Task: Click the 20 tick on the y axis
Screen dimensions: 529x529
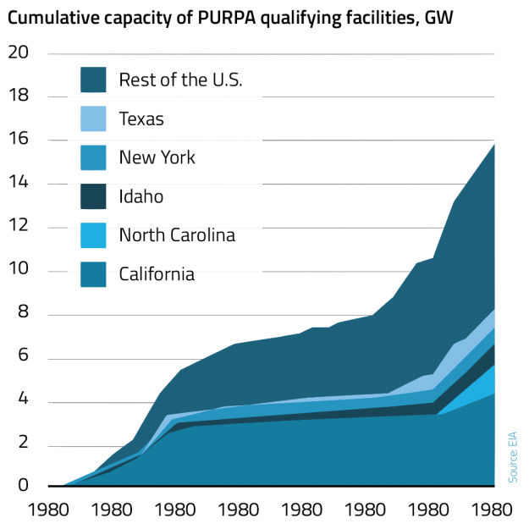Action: pos(19,52)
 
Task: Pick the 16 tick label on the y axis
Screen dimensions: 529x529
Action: pos(19,141)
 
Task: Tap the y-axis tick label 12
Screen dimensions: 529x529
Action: pos(19,228)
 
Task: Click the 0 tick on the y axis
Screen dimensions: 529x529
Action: pos(24,486)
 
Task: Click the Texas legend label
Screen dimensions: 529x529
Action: pos(141,119)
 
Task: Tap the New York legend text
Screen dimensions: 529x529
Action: pos(157,157)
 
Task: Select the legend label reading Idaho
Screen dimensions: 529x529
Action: pos(141,196)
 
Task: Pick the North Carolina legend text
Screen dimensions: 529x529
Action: pos(177,235)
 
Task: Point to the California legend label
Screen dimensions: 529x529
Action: pos(157,274)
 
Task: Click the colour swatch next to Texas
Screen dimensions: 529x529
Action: pos(93,119)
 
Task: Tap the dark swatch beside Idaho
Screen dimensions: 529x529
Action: pos(93,196)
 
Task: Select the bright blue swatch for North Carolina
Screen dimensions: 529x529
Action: pos(93,235)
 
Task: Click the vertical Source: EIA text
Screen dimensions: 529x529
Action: pos(513,457)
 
